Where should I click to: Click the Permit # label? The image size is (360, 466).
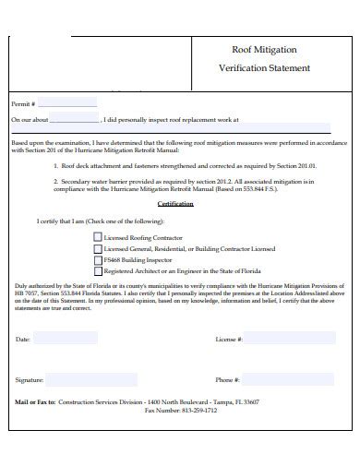coord(23,104)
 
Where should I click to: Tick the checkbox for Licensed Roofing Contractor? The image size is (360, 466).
coord(98,237)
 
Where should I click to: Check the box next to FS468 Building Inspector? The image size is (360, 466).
coord(98,260)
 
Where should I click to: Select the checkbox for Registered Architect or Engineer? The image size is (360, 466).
coord(98,272)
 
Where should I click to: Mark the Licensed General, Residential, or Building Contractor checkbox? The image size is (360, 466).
coord(98,249)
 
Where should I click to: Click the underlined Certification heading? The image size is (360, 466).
coord(174,204)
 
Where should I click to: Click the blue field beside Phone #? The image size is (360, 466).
coord(286,379)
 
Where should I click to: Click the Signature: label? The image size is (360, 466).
coord(30,380)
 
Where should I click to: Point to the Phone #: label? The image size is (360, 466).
coord(228,380)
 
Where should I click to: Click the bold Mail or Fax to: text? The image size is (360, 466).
coord(36,402)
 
